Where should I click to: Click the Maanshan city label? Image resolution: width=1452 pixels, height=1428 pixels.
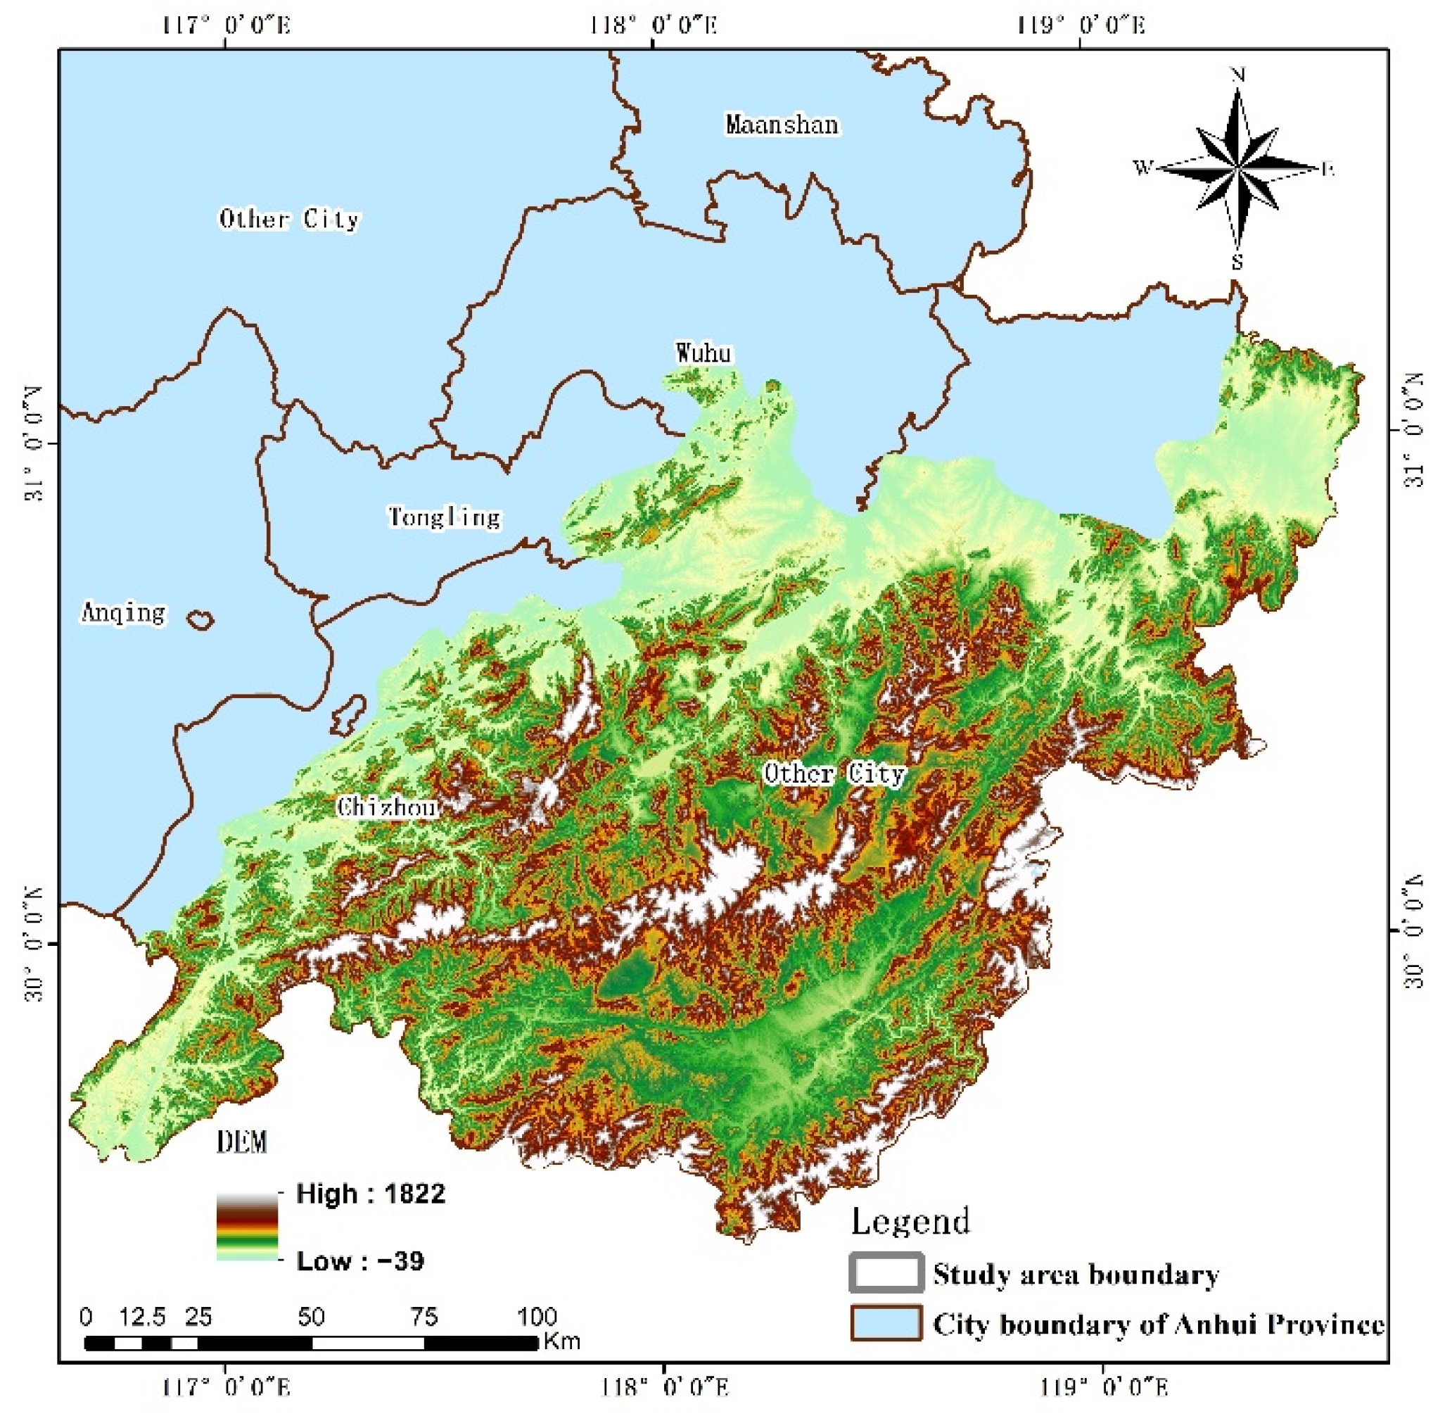pos(782,125)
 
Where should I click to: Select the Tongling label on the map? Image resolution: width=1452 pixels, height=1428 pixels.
pos(445,517)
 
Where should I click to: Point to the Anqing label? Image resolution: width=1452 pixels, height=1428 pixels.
pos(123,613)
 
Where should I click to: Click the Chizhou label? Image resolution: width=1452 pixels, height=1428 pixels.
pos(386,807)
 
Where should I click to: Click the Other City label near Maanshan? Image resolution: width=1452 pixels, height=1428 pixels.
pos(289,219)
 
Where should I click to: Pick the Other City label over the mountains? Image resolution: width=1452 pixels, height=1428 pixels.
pos(834,773)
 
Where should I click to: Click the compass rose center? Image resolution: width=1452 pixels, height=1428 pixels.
pos(1237,169)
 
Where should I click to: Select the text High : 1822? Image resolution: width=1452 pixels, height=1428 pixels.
pos(370,1193)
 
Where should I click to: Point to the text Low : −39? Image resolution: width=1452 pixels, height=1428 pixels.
pos(359,1260)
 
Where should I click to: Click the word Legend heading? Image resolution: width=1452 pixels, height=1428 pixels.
pos(910,1220)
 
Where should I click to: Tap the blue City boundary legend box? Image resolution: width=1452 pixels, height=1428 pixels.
pos(885,1323)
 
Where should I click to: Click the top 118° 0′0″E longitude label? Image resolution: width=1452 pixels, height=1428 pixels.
pos(653,25)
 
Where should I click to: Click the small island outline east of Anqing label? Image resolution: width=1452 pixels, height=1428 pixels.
pos(200,619)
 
